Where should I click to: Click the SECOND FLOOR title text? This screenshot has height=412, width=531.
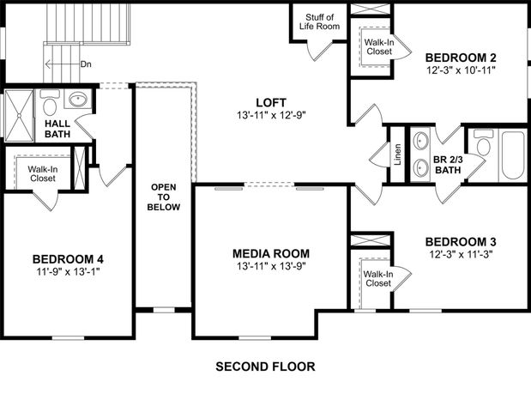point(265,367)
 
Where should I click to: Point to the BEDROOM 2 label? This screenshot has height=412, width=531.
point(462,58)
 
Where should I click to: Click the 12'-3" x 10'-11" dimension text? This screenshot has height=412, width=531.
point(462,70)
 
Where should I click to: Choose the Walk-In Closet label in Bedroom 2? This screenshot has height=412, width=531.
point(378,45)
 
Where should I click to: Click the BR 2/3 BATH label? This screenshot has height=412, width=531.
point(447,165)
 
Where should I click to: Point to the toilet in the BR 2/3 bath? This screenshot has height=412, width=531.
point(481,147)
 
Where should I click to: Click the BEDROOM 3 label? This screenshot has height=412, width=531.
point(461,242)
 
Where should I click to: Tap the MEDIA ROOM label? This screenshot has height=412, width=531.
point(270,253)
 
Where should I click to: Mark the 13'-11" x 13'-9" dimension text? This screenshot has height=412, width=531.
point(270,266)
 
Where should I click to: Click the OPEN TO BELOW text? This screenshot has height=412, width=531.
point(165,197)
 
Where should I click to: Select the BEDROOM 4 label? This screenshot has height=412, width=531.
point(68,259)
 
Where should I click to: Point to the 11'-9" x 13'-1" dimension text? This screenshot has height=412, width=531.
point(68,273)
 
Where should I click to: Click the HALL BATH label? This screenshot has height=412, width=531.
point(57,129)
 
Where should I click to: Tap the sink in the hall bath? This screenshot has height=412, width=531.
point(78,100)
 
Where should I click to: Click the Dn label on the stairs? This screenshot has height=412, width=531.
point(86,64)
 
